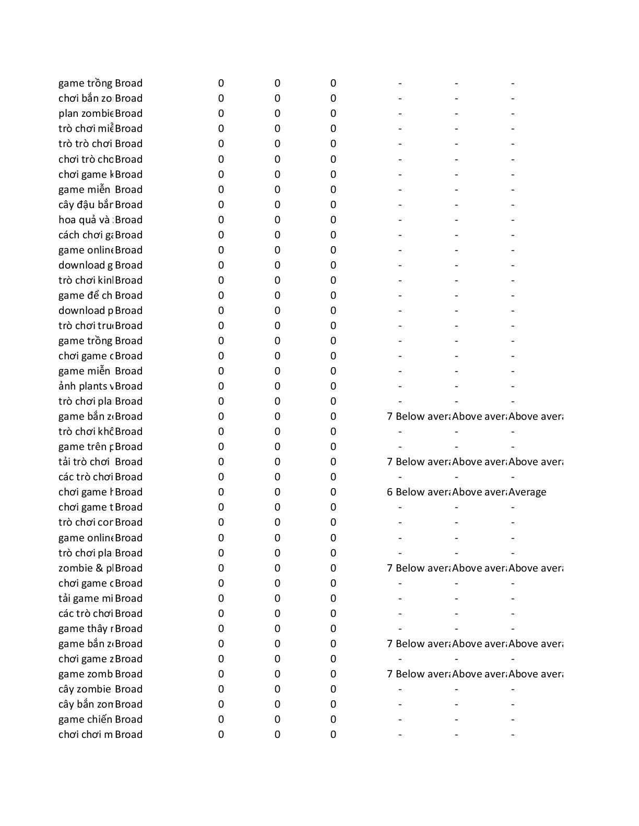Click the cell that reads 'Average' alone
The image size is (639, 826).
pos(527,492)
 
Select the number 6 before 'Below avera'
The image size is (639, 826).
pos(389,492)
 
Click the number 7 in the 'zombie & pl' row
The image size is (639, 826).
pos(389,568)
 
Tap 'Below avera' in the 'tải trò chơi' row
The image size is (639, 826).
pos(423,461)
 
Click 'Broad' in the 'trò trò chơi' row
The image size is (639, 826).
pos(128,143)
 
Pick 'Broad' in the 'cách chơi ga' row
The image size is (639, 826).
pos(128,235)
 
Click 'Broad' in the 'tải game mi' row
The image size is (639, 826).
pos(128,598)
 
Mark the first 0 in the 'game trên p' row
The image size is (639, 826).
pos(221,446)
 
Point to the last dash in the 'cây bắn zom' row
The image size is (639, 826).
pos(513,704)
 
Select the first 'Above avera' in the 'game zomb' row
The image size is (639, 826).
pos(479,674)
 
